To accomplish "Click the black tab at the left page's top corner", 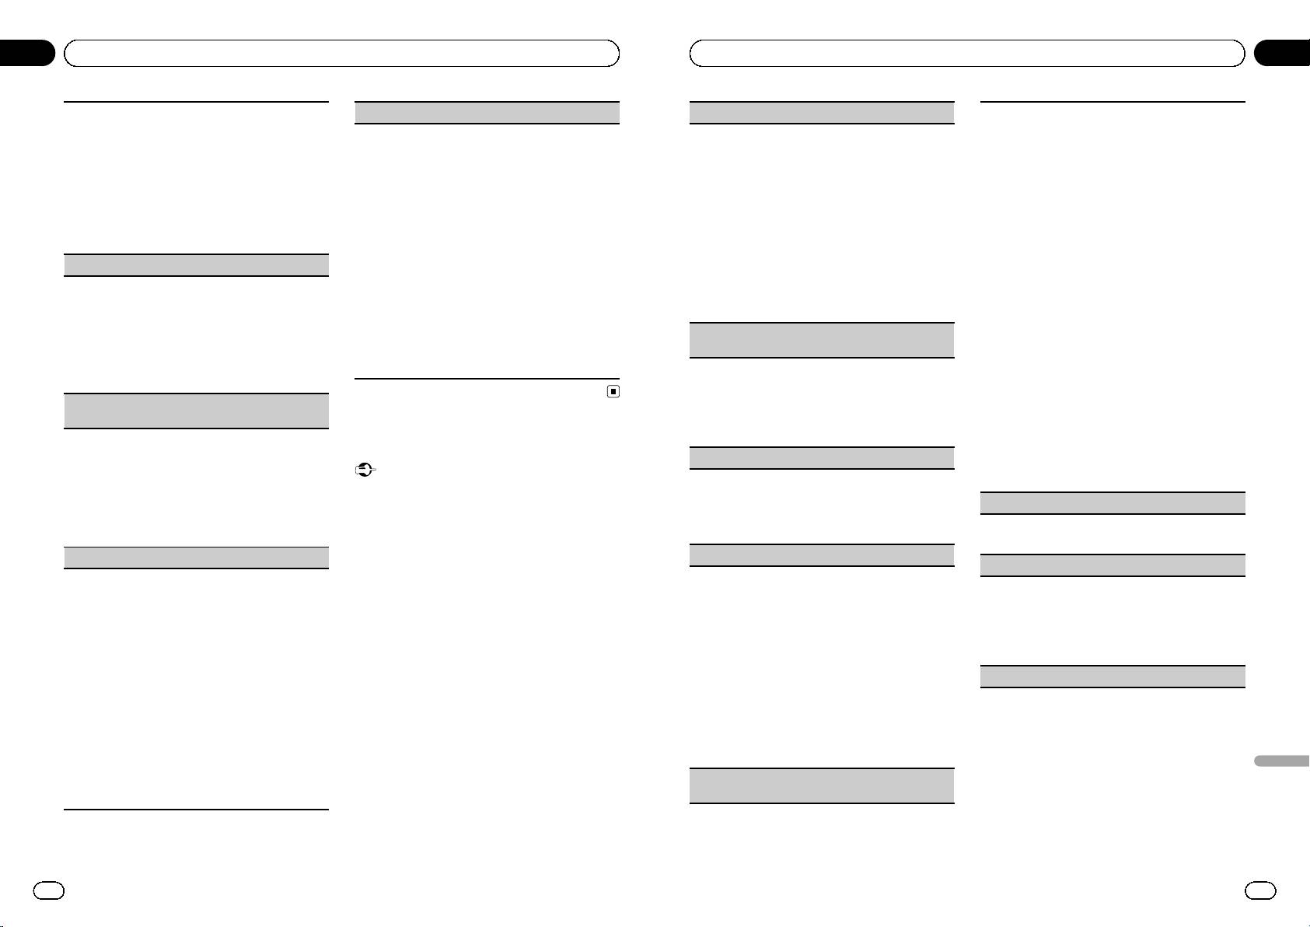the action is [27, 53].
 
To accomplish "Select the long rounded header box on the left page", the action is [341, 53].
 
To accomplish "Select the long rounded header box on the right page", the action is [967, 53].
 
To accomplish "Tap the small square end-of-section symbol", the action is [613, 392].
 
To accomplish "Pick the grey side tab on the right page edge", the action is [1282, 760].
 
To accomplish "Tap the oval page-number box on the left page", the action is [47, 890].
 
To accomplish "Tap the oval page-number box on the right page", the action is [1260, 890].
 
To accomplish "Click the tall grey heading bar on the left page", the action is [195, 411].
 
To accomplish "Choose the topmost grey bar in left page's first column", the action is [195, 265].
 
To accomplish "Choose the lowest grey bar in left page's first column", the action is [195, 558].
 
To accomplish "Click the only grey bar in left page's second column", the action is [487, 113].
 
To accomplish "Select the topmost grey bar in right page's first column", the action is [822, 113].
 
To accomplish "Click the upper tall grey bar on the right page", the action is [822, 340].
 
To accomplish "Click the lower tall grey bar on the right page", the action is [822, 785].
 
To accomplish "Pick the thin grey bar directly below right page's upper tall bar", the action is [822, 457].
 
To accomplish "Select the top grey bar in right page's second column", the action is [1113, 503].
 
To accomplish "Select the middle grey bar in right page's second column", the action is [1113, 565].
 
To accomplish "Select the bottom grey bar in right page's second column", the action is [1113, 676].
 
